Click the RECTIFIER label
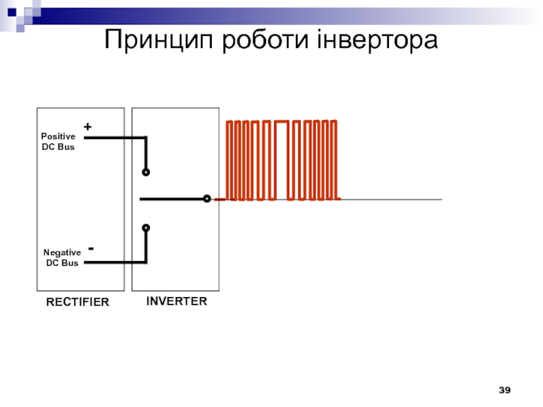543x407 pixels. coord(77,302)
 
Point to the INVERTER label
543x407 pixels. coord(176,301)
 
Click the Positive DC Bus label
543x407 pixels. coord(58,141)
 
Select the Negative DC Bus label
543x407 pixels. coord(62,257)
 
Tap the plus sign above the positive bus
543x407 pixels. coord(87,127)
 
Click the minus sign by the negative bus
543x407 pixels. coord(90,250)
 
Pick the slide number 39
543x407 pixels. coord(504,390)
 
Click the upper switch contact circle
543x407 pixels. coord(145,172)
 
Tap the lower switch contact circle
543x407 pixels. coord(145,228)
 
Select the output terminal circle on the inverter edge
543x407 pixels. coord(206,199)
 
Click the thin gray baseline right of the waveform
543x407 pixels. coord(394,199)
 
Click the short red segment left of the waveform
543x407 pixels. coord(220,199)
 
